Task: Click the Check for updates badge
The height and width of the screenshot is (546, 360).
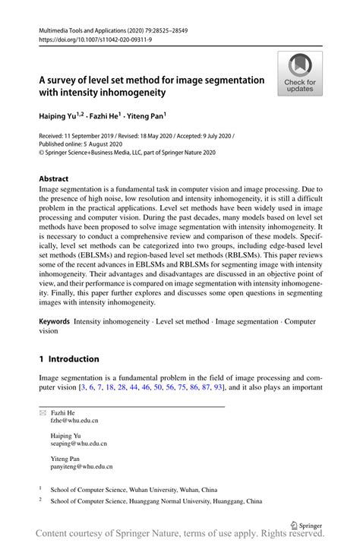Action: point(300,74)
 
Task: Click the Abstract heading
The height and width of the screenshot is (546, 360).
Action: point(58,178)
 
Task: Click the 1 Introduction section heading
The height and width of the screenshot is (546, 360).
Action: point(69,358)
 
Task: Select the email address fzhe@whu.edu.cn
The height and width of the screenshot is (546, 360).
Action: point(74,419)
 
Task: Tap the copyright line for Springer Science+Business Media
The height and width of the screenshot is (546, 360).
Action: point(128,152)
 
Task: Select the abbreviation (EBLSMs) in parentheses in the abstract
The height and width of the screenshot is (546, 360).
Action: point(96,255)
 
